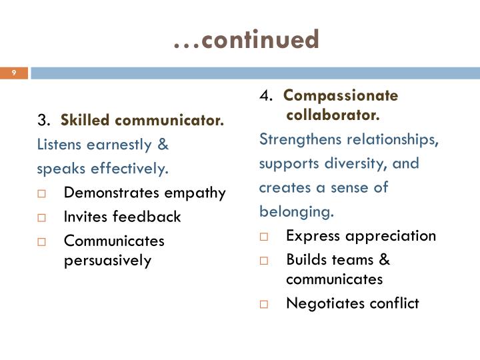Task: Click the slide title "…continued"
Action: click(x=246, y=39)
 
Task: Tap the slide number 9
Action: click(x=13, y=73)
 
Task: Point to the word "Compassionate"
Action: click(x=341, y=95)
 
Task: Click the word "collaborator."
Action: click(x=333, y=115)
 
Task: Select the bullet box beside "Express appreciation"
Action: click(x=263, y=236)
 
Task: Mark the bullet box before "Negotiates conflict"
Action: click(x=263, y=304)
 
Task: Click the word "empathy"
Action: click(x=196, y=193)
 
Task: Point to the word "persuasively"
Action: click(x=108, y=260)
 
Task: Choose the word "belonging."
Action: click(x=296, y=212)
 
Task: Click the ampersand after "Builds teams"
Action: click(x=384, y=259)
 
